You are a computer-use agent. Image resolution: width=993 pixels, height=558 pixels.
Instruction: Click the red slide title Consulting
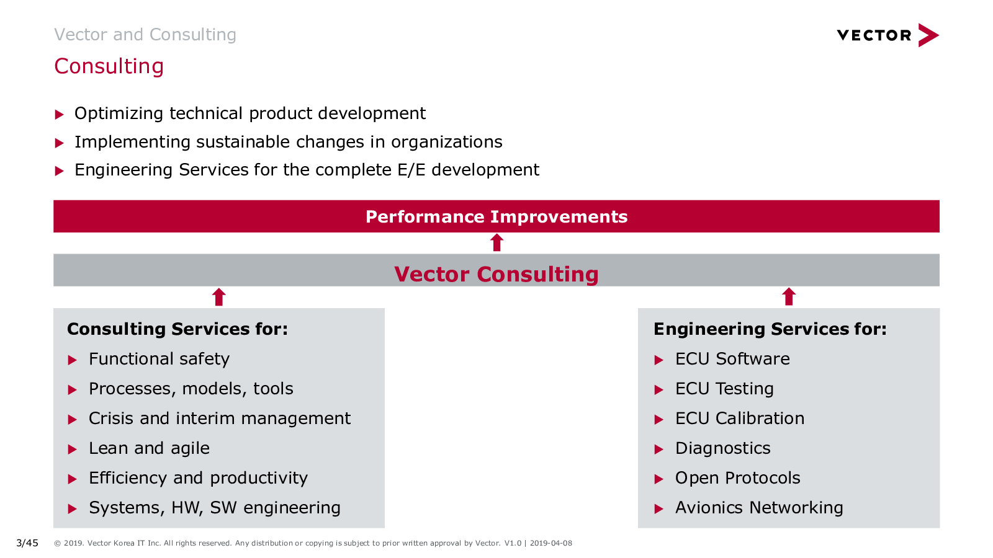point(109,66)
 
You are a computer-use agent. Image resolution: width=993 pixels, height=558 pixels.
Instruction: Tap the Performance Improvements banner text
point(496,216)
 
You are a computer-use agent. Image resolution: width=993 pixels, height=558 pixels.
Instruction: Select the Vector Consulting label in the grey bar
point(496,273)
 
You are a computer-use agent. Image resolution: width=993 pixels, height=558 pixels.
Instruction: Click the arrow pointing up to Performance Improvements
point(497,242)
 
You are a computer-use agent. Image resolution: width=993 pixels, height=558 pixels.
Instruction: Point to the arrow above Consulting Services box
point(219,297)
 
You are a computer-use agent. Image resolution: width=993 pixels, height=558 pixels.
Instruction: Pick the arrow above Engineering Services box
point(789,297)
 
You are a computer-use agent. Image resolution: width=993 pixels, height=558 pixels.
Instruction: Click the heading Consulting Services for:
point(177,329)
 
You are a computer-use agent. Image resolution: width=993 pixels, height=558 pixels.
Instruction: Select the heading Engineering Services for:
point(770,329)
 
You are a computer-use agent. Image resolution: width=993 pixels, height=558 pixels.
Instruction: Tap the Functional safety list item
point(159,359)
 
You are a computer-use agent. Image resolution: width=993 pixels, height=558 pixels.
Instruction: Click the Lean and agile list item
point(150,448)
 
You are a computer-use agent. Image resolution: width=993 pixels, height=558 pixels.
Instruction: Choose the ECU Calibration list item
point(740,418)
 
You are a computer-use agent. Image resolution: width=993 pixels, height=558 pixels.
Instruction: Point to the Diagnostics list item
point(723,448)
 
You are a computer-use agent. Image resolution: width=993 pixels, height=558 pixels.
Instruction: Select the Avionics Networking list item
point(760,508)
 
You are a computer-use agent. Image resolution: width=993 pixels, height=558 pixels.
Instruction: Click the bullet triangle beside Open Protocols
point(658,479)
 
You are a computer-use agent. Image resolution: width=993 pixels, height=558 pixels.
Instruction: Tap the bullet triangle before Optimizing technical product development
point(59,115)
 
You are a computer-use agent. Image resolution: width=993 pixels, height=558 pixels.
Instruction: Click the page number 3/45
point(27,543)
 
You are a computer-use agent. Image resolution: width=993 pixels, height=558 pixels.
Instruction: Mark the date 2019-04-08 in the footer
point(551,543)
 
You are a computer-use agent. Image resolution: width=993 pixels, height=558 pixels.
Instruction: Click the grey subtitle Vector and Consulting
point(145,35)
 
